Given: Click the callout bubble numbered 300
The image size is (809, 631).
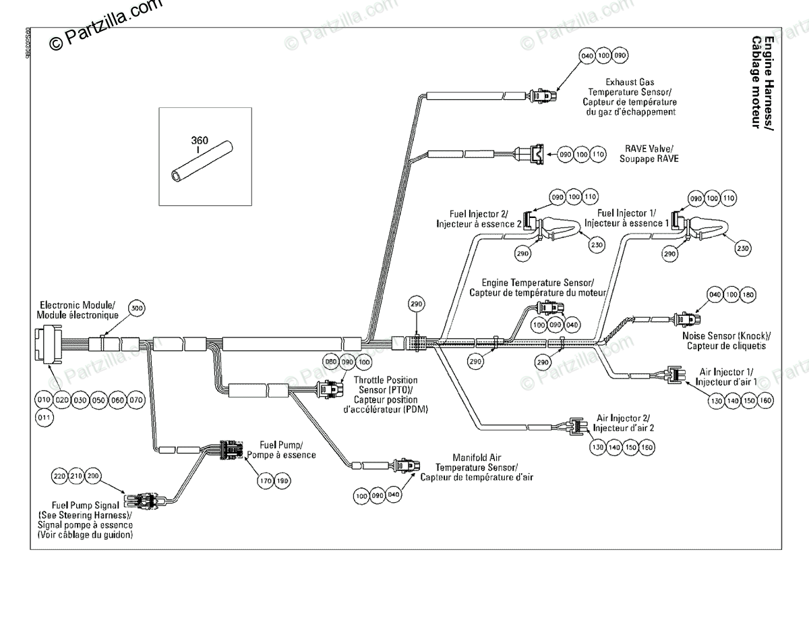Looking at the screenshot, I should pyautogui.click(x=137, y=309).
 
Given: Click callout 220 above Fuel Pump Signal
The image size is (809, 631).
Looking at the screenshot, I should pyautogui.click(x=60, y=476).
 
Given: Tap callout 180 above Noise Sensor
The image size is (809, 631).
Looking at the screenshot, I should pyautogui.click(x=748, y=295).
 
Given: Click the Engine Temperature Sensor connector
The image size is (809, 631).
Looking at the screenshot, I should pyautogui.click(x=549, y=309).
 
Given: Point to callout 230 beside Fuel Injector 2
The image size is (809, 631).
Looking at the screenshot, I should pyautogui.click(x=596, y=245).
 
